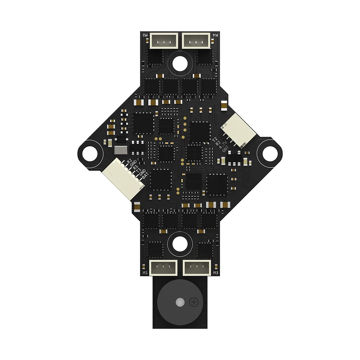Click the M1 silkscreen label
pyautogui.click(x=145, y=273)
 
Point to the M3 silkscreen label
pyautogui.click(x=216, y=273)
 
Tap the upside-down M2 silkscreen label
pyautogui.click(x=145, y=35)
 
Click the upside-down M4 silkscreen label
pyautogui.click(x=216, y=35)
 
